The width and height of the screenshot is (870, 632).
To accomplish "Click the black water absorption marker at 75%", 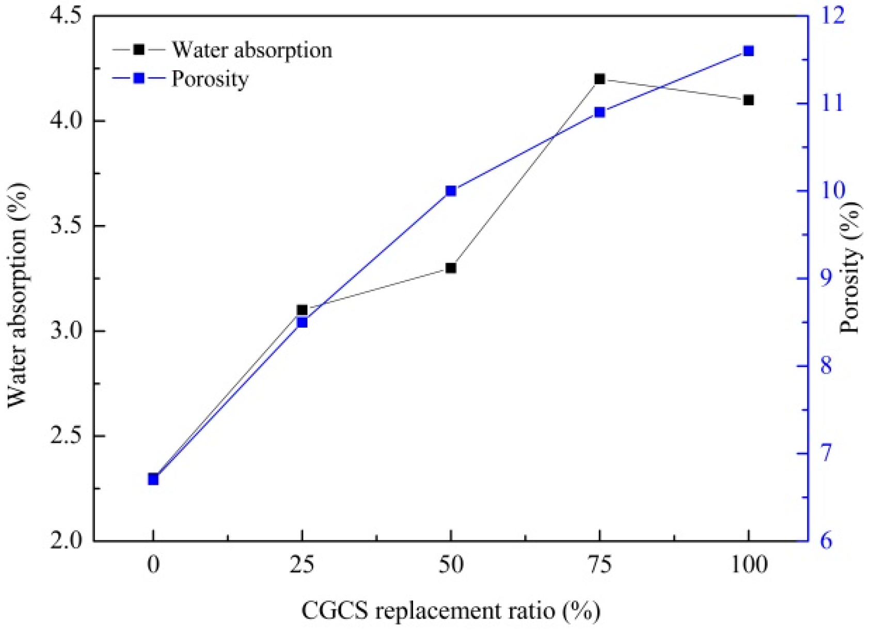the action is tap(599, 79).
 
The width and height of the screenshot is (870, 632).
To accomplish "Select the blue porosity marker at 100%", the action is tap(749, 51).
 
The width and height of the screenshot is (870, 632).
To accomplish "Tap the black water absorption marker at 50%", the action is tap(451, 268).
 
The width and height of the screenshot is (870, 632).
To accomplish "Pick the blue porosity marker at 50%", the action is tap(451, 190).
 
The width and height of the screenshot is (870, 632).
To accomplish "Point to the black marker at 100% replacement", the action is tap(749, 100).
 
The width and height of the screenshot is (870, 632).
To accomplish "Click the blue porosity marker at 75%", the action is tap(599, 112).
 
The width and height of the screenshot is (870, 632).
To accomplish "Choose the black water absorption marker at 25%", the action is tap(302, 310).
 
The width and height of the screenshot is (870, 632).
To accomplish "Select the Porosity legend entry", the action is tap(181, 79).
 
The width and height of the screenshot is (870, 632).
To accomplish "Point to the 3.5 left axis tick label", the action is tap(67, 226).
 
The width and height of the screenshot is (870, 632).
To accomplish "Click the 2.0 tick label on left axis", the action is tap(67, 540).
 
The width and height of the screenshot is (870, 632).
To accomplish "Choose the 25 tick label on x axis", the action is tap(302, 565).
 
